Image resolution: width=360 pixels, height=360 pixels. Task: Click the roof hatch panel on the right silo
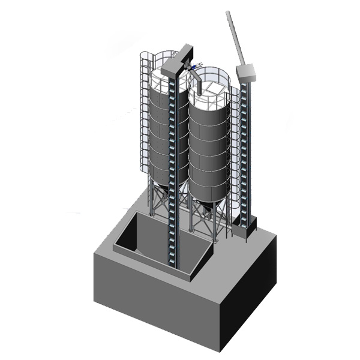[211, 89]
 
